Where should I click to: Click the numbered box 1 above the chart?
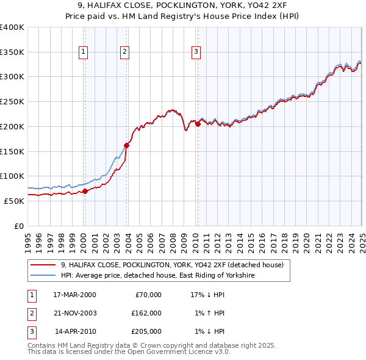click(84, 52)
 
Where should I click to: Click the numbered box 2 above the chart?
click(124, 52)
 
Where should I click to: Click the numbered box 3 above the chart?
click(196, 52)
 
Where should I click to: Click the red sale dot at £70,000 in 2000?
click(85, 191)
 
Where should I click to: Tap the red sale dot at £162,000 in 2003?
click(127, 145)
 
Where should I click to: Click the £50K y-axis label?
click(15, 201)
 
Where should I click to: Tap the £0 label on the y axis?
click(19, 226)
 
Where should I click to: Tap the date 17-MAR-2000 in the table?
click(74, 294)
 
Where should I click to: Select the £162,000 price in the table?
click(146, 313)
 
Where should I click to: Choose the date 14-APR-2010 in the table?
click(74, 331)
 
